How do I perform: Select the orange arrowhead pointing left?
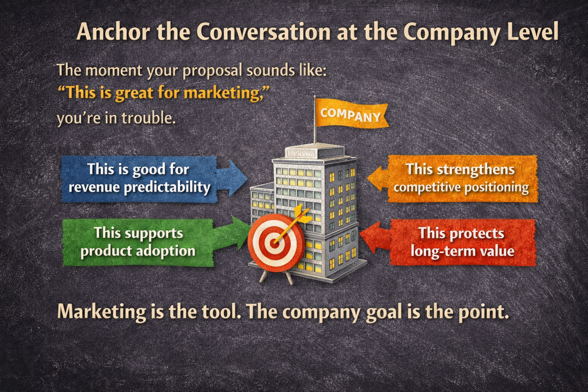377,178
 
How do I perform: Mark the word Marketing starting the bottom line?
101,312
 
